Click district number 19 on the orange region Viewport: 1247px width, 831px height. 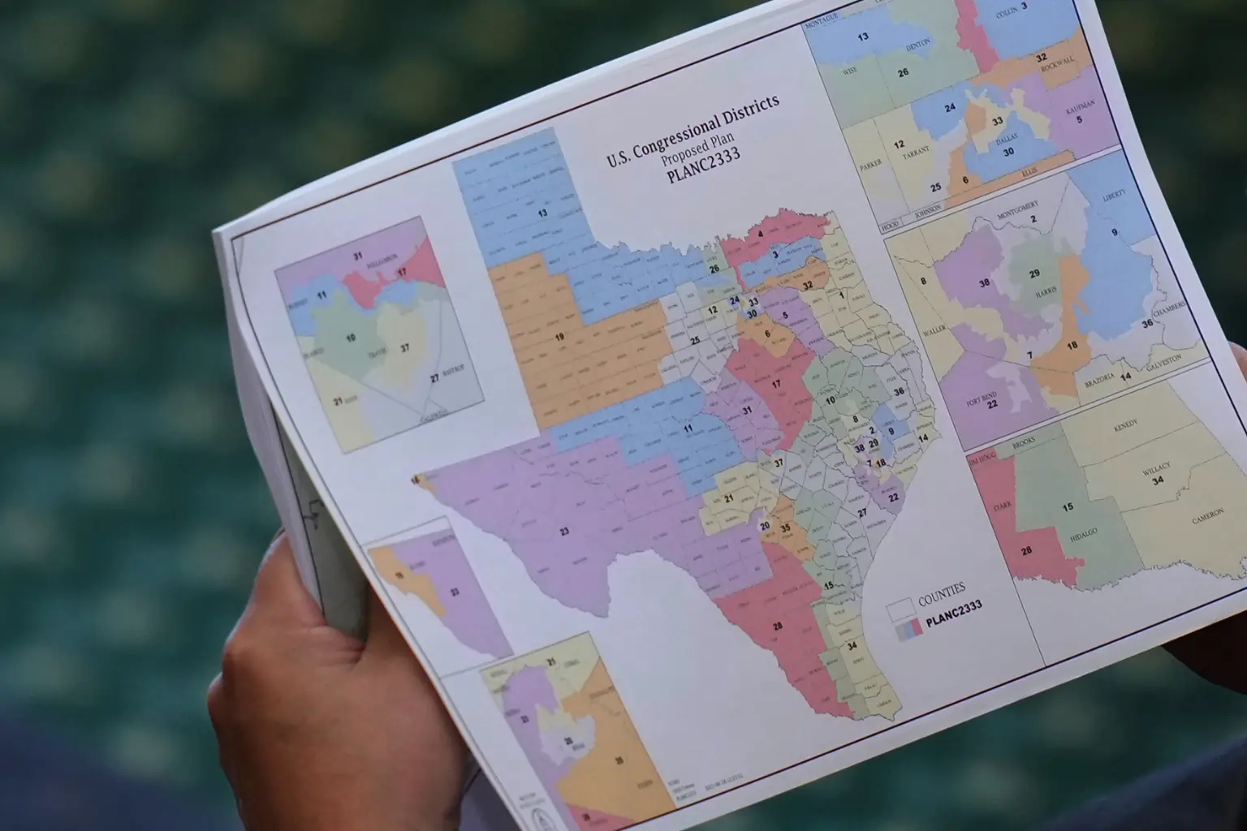tap(559, 335)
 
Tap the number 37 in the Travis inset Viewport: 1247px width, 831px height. tap(403, 347)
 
